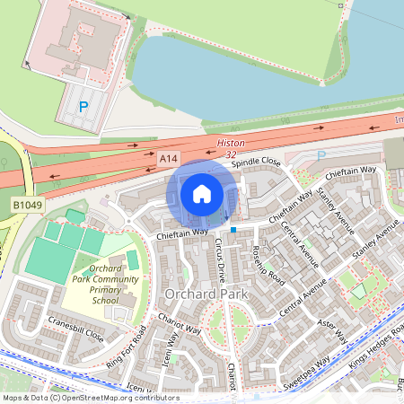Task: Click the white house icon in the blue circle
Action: tap(202, 193)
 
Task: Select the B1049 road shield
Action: tap(26, 206)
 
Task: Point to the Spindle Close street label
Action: tap(256, 163)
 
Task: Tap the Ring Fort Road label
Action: tap(126, 350)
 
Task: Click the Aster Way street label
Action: tap(331, 331)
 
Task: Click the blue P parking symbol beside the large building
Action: tap(84, 107)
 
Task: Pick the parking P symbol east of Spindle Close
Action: tap(322, 155)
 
